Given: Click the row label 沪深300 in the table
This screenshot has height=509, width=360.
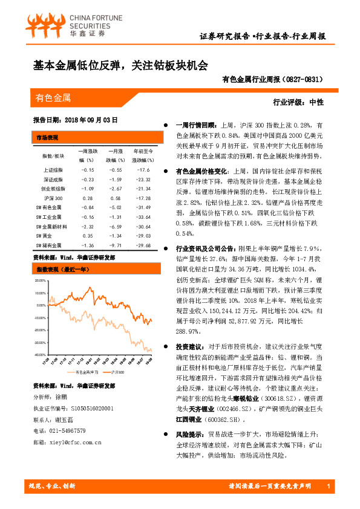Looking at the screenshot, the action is point(53,198).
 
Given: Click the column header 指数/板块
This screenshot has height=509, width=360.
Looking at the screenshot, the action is point(53,155).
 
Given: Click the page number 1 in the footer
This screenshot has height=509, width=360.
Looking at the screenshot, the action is point(327,487).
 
